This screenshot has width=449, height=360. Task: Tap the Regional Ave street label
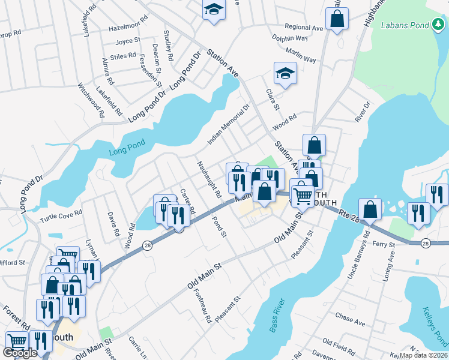(x=304, y=28)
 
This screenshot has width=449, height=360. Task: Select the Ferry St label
(x=384, y=245)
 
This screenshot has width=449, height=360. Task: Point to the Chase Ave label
(x=351, y=322)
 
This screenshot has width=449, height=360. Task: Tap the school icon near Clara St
(x=286, y=74)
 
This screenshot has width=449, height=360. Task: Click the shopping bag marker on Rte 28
(x=370, y=209)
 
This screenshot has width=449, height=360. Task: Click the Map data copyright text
(x=424, y=355)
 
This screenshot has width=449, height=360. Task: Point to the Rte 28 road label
(x=347, y=214)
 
